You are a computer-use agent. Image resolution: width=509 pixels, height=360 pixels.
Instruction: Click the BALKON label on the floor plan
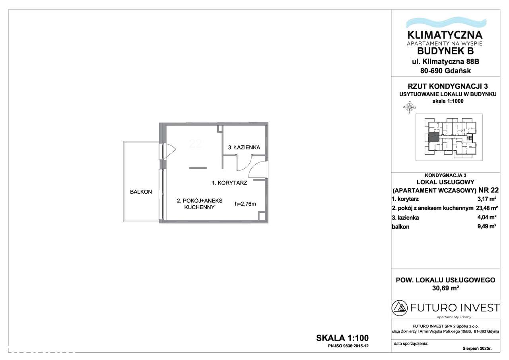(141, 192)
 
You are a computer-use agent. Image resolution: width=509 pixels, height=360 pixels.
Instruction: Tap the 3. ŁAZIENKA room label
(244, 148)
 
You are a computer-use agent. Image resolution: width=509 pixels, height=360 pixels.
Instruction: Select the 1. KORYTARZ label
(230, 183)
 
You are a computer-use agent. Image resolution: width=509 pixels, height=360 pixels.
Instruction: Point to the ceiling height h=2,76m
(245, 204)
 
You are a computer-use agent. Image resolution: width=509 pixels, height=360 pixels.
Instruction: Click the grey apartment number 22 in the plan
(195, 144)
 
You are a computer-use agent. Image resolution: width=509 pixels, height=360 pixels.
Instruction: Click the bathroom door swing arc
(243, 163)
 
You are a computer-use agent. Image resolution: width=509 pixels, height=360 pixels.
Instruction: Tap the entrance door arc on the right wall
(256, 170)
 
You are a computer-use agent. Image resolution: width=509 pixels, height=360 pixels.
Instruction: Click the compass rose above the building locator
(409, 107)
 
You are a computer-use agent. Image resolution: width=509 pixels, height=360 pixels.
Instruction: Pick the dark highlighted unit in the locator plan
(433, 138)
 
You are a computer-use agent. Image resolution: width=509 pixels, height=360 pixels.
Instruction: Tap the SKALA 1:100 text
(342, 338)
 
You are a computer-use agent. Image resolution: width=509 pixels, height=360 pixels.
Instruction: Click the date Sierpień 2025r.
(477, 348)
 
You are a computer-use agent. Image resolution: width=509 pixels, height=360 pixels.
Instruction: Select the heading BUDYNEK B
(445, 51)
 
